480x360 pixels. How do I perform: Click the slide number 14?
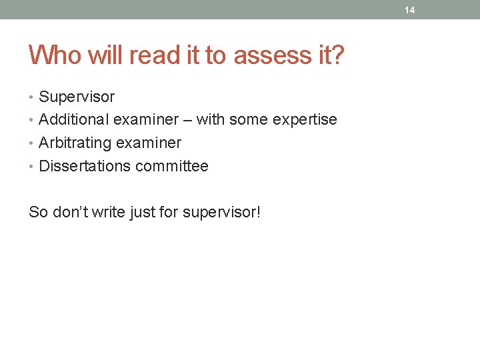409,10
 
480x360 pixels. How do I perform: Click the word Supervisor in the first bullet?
77,97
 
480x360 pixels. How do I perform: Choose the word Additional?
74,120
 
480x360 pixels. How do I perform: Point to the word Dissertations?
85,166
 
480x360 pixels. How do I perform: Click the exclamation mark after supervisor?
259,213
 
